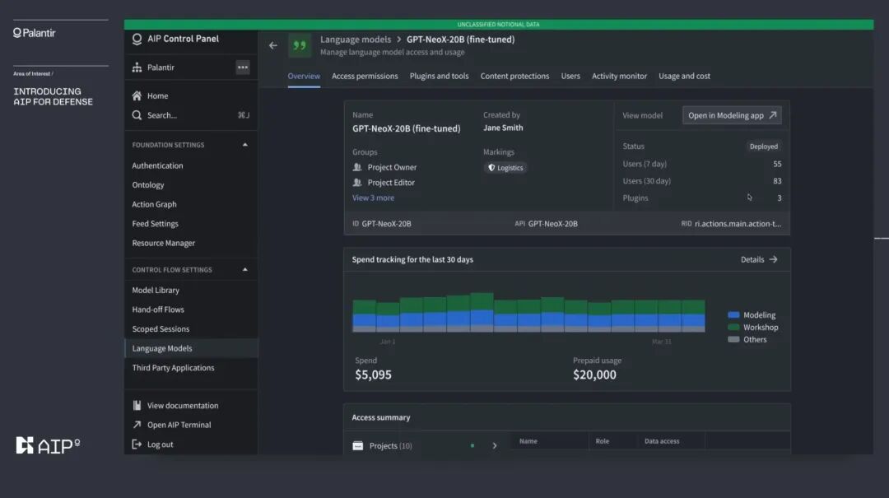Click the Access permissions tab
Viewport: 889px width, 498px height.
tap(365, 76)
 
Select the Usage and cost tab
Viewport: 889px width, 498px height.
tap(684, 76)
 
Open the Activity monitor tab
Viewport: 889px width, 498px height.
tap(619, 76)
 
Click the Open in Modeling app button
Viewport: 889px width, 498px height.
tap(732, 115)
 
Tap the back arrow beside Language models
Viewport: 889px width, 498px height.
tap(273, 45)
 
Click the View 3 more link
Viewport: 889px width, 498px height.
tap(373, 198)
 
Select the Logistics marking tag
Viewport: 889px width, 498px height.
tap(505, 168)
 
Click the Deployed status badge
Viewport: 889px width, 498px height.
tap(764, 147)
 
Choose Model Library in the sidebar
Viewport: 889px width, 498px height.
tap(156, 290)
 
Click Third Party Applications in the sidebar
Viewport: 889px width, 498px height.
tap(173, 368)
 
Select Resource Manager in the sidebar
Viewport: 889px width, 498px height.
tap(163, 243)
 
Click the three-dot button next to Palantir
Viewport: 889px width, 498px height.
tap(243, 67)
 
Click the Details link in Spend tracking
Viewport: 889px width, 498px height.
tap(759, 260)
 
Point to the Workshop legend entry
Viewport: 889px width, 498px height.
tap(753, 328)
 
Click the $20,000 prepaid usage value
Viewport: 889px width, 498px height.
tap(594, 375)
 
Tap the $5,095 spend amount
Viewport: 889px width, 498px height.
tap(373, 375)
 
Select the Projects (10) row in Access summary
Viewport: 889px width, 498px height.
tap(425, 446)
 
